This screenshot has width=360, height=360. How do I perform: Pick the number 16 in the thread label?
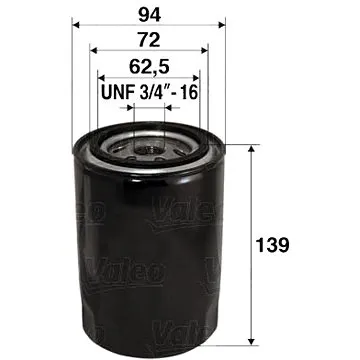click(190, 96)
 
